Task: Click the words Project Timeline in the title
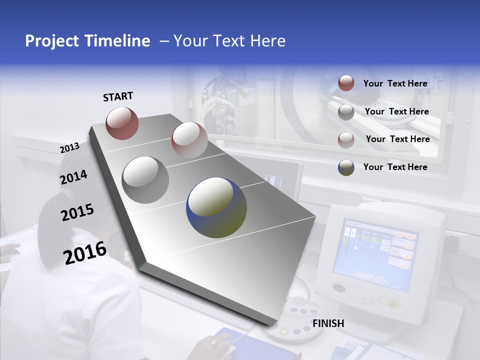tap(87, 41)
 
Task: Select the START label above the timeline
tap(118, 96)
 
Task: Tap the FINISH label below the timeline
tap(328, 323)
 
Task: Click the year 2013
tap(69, 148)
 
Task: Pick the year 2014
tap(73, 177)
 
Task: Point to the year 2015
tap(77, 212)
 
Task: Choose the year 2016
tap(85, 253)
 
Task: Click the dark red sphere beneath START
tap(122, 123)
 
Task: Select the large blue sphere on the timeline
tap(216, 207)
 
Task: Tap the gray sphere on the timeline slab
tap(145, 179)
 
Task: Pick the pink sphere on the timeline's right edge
tap(189, 140)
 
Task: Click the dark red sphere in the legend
tap(346, 83)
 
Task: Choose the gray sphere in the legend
tap(346, 112)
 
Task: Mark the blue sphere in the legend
tap(346, 167)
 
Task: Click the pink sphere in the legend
tap(346, 140)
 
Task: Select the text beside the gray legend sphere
tap(396, 111)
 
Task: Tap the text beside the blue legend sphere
tap(395, 167)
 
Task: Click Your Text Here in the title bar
tap(229, 41)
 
